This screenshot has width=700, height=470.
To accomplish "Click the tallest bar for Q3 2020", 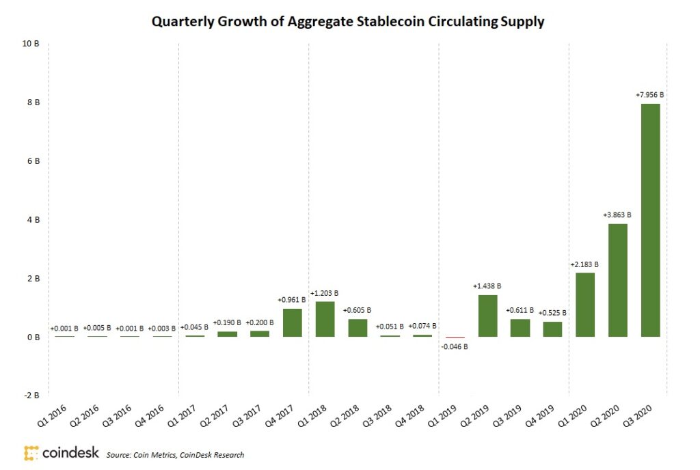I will click(x=650, y=220).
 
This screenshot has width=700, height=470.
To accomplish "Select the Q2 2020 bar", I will click(x=617, y=280).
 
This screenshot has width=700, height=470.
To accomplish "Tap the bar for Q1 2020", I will click(x=585, y=305).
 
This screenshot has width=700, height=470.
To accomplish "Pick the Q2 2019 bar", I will click(x=487, y=316).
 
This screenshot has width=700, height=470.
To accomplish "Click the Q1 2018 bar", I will click(x=325, y=319).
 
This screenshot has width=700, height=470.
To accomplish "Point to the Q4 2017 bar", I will click(x=292, y=322).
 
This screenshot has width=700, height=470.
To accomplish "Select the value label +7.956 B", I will click(x=650, y=95).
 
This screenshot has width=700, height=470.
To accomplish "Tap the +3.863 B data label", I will click(x=617, y=215).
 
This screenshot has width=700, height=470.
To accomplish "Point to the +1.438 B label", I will click(x=487, y=286).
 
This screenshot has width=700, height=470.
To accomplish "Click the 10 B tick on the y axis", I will click(x=31, y=44).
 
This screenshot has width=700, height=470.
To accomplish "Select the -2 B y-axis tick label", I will click(x=31, y=396).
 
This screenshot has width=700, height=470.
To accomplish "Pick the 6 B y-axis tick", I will click(x=33, y=161).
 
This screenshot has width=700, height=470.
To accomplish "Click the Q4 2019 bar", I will click(x=552, y=329).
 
